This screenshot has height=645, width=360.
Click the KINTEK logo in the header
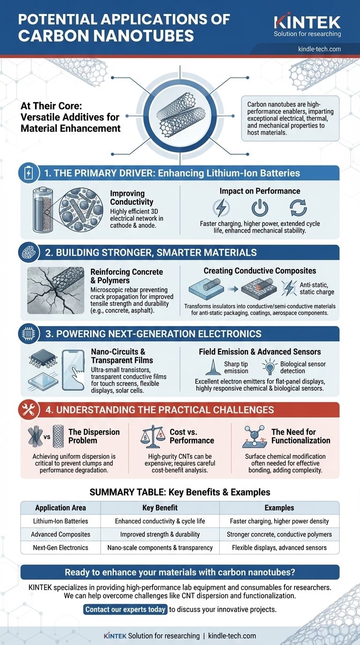[307, 22]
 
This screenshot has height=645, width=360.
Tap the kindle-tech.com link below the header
[319, 49]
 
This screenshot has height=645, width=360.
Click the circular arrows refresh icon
[298, 208]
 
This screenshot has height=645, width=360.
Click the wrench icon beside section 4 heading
[28, 410]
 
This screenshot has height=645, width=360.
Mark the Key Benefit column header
[160, 508]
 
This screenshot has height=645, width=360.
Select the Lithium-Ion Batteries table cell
[60, 521]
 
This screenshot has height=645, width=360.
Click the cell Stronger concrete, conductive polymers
[279, 534]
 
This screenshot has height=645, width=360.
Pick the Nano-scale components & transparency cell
[160, 547]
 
